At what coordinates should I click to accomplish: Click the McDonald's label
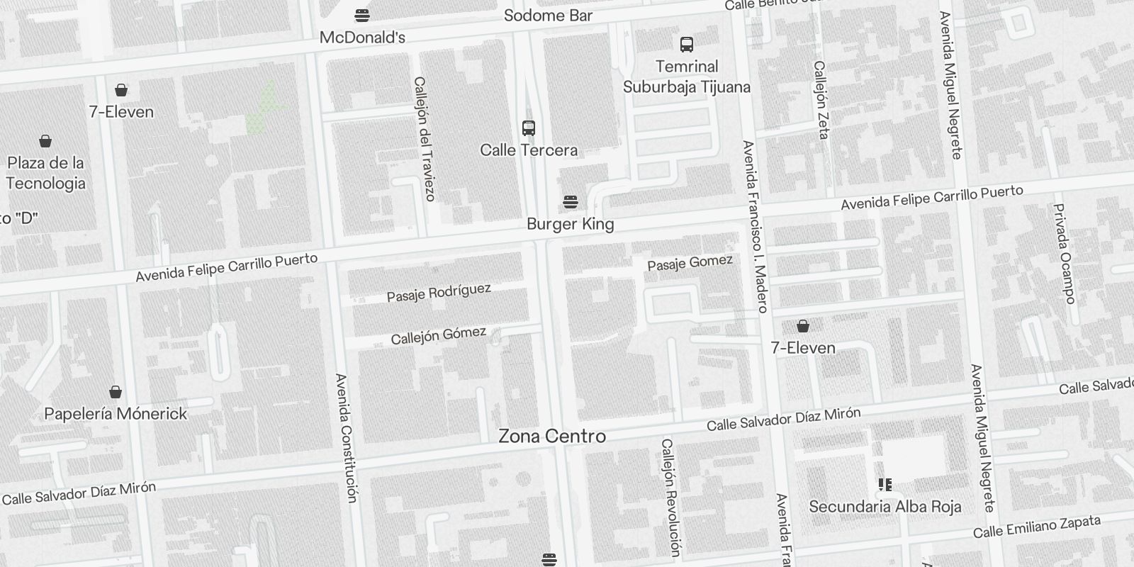[x=362, y=38]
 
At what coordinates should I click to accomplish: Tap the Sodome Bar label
[x=548, y=16]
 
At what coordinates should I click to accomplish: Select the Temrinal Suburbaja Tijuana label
[x=686, y=77]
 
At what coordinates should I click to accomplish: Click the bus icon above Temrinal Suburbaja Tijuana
[x=686, y=45]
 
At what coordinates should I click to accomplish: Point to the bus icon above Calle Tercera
[x=529, y=128]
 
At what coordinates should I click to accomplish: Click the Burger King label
[x=570, y=224]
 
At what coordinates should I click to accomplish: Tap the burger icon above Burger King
[x=570, y=202]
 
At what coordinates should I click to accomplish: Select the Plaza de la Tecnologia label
[x=46, y=173]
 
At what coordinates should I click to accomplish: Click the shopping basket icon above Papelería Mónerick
[x=116, y=392]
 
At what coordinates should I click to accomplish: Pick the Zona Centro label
[x=552, y=436]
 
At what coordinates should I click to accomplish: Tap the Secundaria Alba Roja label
[x=885, y=506]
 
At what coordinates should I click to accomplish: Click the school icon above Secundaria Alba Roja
[x=885, y=485]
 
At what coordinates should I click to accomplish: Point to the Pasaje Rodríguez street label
[x=439, y=293]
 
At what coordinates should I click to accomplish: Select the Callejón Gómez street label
[x=439, y=335]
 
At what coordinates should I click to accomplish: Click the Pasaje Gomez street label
[x=690, y=263]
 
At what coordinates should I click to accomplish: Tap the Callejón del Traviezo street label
[x=424, y=138]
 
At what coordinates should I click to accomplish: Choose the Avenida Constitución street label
[x=346, y=438]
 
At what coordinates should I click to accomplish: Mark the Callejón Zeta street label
[x=821, y=99]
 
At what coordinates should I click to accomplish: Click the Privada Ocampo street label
[x=1065, y=253]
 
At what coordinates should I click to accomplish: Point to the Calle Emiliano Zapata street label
[x=1036, y=527]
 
